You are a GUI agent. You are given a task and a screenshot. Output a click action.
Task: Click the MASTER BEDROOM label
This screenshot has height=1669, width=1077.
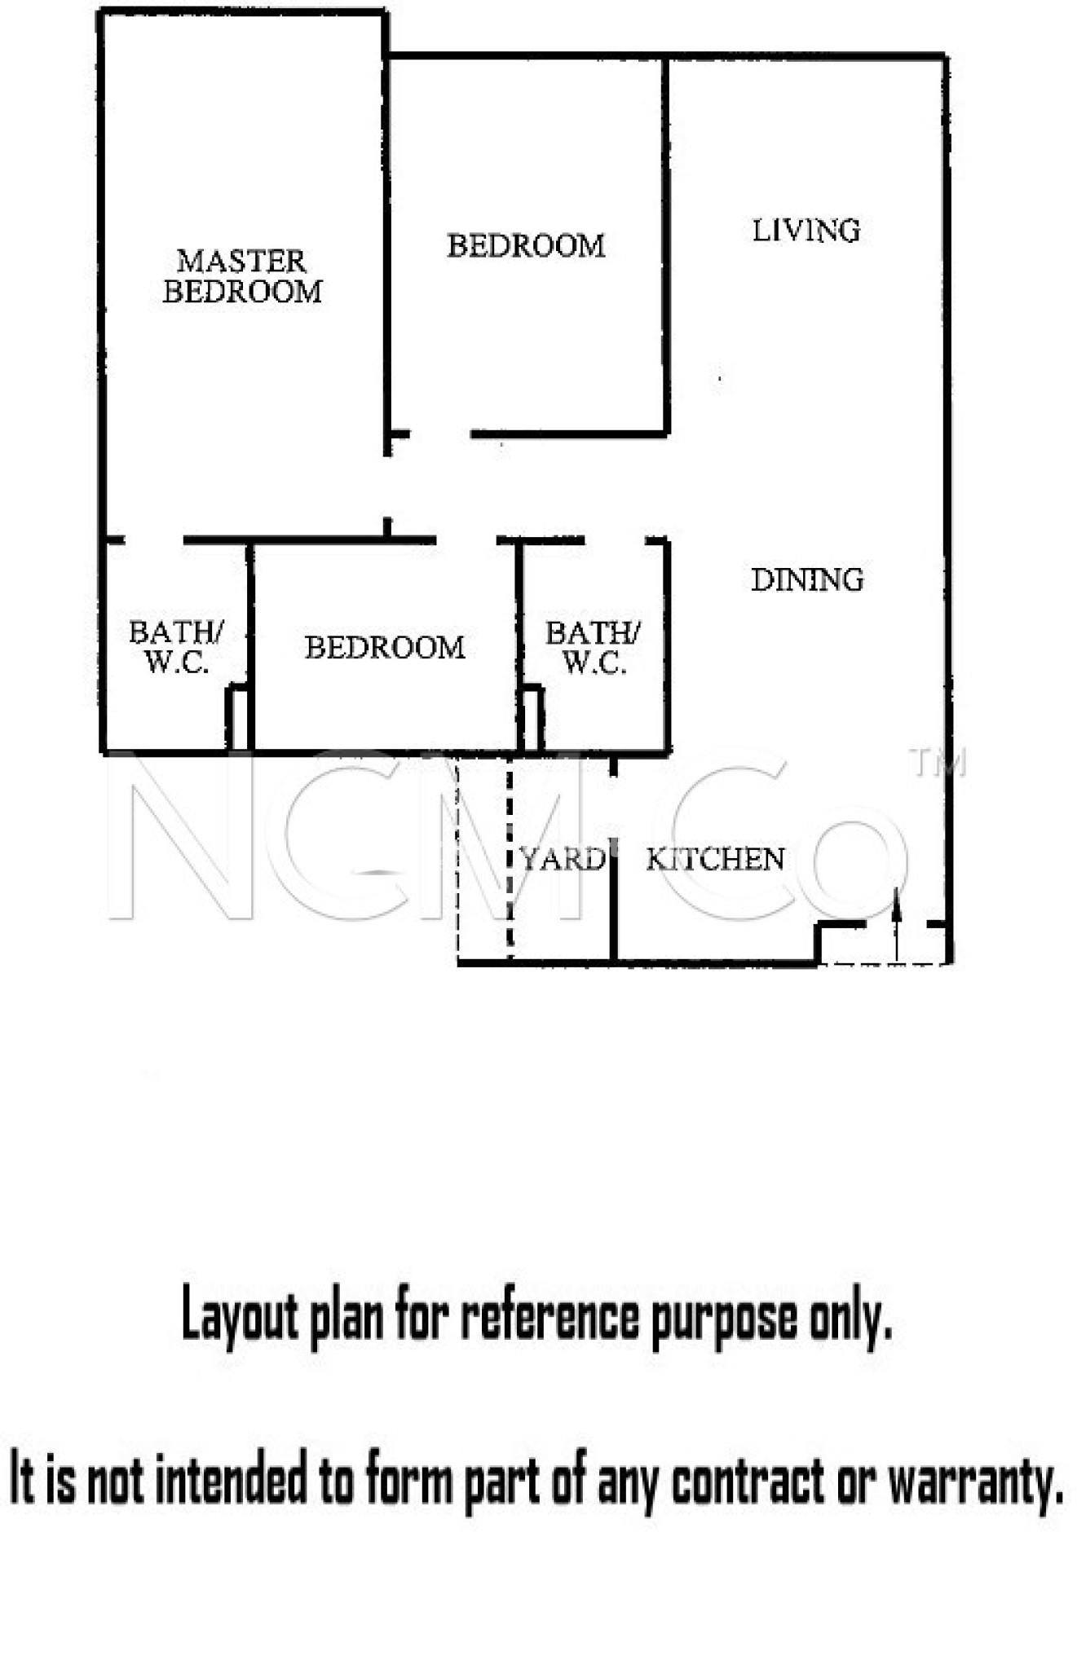click(x=242, y=276)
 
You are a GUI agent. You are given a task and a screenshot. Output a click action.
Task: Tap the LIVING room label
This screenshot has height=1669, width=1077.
click(x=806, y=231)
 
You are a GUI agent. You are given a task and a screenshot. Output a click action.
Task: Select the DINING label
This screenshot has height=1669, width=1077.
click(x=807, y=579)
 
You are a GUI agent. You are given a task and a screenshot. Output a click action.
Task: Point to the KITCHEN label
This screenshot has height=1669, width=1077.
click(x=715, y=859)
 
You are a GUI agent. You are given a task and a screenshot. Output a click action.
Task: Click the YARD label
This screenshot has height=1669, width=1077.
click(x=563, y=859)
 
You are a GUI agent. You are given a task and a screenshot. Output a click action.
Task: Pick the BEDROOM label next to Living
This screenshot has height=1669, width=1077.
click(x=526, y=245)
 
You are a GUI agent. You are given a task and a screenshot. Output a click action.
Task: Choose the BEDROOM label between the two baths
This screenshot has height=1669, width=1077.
click(x=385, y=647)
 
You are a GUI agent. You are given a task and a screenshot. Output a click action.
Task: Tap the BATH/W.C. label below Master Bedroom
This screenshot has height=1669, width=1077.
click(x=176, y=646)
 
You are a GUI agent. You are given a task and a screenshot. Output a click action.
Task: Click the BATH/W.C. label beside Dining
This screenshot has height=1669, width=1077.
click(x=593, y=647)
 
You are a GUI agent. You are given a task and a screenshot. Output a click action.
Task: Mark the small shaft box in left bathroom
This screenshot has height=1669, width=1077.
click(x=237, y=718)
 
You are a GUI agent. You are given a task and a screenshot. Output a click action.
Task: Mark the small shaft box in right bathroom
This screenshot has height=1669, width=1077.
click(x=532, y=718)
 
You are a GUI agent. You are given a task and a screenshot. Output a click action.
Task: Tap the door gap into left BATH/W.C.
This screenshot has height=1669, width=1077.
click(x=153, y=540)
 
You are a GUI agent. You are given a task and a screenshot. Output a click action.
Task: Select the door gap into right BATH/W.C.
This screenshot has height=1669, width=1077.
click(x=615, y=540)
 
